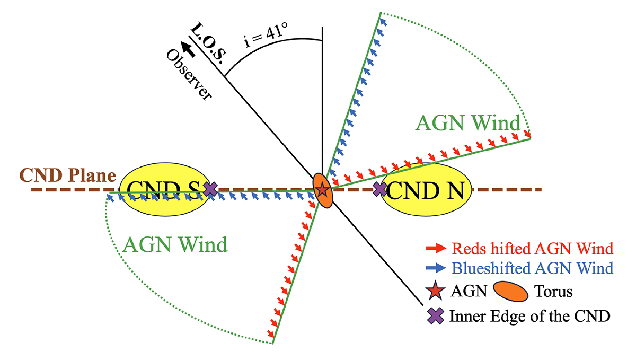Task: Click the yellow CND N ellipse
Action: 427,190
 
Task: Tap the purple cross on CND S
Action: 211,189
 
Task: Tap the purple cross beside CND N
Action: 380,189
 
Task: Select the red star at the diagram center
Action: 322,189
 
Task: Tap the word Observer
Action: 188,74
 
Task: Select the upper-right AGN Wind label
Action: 468,124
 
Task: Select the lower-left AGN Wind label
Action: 175,244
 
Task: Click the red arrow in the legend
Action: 436,248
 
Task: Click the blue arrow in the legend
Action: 436,268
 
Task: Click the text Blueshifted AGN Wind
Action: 533,268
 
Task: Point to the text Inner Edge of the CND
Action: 530,317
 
